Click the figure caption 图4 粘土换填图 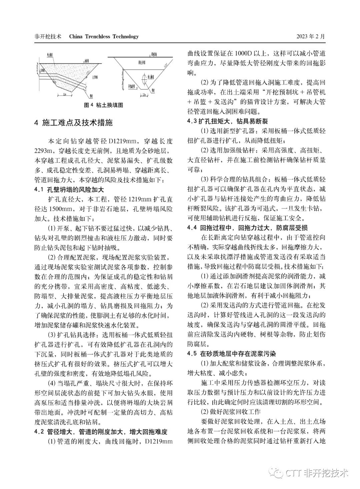tap(103, 105)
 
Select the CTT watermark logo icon tap(276, 472)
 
